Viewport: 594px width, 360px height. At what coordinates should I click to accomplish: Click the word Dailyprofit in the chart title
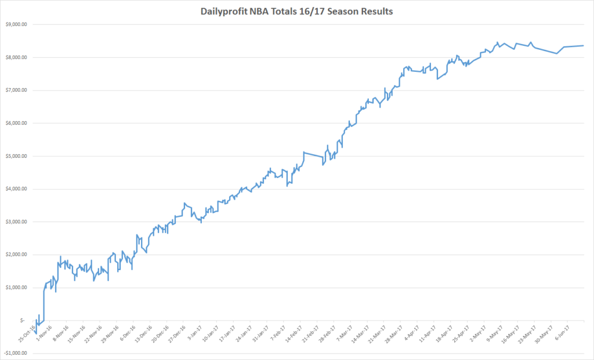tap(226, 10)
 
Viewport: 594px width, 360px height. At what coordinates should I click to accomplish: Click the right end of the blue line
tap(583, 45)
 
